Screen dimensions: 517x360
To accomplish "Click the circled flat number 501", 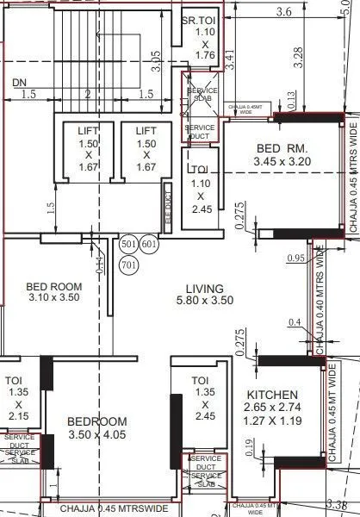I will [x=129, y=245].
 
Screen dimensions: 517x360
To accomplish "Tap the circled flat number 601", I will [x=149, y=245].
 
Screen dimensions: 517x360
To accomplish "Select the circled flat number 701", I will [x=129, y=265].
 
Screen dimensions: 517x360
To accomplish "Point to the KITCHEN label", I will [x=272, y=394].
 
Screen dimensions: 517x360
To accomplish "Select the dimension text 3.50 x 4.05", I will [x=97, y=437].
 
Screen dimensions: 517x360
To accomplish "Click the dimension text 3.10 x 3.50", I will [x=53, y=297].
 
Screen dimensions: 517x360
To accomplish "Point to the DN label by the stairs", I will [x=21, y=83].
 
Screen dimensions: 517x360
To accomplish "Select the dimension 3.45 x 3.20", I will [x=276, y=161].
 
